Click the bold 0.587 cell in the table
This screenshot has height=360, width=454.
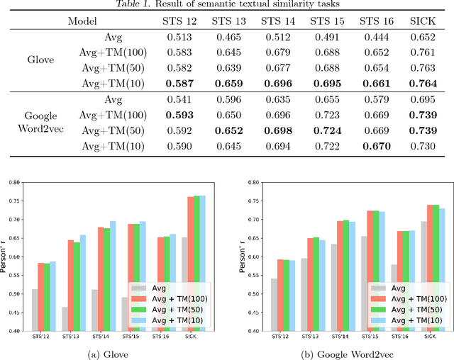[180, 84]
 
